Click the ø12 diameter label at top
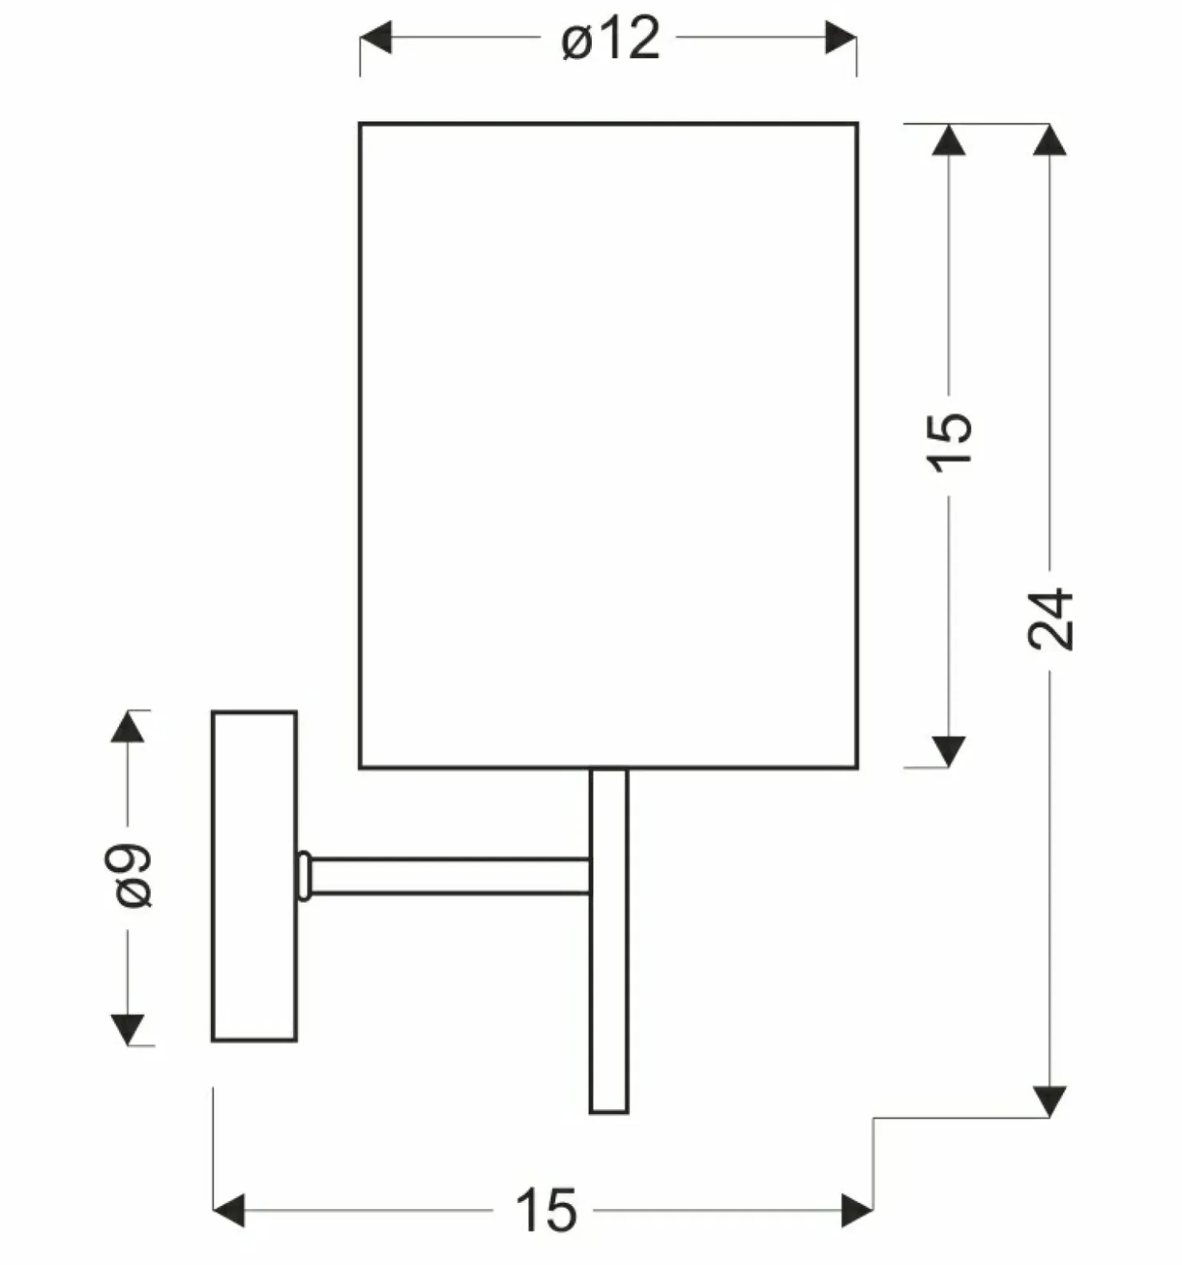pyautogui.click(x=611, y=38)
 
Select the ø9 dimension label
pyautogui.click(x=133, y=876)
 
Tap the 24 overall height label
pyautogui.click(x=1050, y=619)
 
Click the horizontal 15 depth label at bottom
pyautogui.click(x=546, y=1210)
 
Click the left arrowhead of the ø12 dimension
pyautogui.click(x=375, y=38)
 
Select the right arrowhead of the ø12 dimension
pyautogui.click(x=841, y=38)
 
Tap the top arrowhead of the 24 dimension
pyautogui.click(x=1049, y=140)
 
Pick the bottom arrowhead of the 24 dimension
pyautogui.click(x=1049, y=1101)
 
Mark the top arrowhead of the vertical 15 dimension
pyautogui.click(x=949, y=140)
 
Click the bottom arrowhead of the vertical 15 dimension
pyautogui.click(x=949, y=752)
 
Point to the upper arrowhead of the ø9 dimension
pyautogui.click(x=128, y=726)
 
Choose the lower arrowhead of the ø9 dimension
pyautogui.click(x=128, y=1030)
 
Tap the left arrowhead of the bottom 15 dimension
pyautogui.click(x=229, y=1212)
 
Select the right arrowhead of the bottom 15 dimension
pyautogui.click(x=857, y=1212)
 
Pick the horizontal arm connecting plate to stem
pyautogui.click(x=450, y=876)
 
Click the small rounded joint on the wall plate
pyautogui.click(x=303, y=876)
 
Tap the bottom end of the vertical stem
pyautogui.click(x=609, y=1112)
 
